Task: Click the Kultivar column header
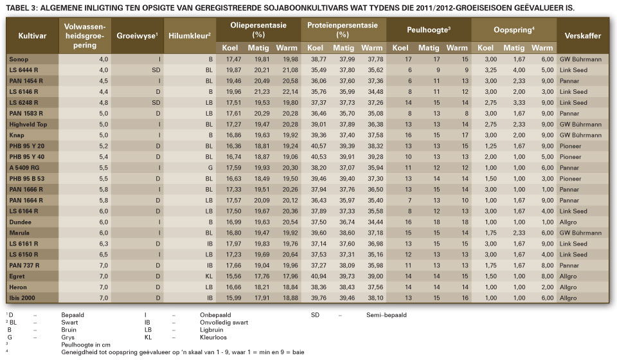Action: (x=32, y=36)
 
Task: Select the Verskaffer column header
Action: (x=582, y=36)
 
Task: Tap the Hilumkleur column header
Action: (x=190, y=36)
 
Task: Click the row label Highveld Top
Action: (x=28, y=124)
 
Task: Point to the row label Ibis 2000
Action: (x=22, y=298)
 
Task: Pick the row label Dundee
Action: (x=20, y=222)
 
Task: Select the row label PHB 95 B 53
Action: (x=27, y=179)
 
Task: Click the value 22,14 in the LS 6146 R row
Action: (x=290, y=92)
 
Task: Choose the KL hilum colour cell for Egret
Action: (x=209, y=276)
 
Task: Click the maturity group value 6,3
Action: (x=103, y=244)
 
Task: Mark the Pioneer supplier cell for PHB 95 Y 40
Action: (x=570, y=157)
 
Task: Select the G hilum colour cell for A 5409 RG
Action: (x=211, y=168)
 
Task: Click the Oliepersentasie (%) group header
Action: (x=258, y=30)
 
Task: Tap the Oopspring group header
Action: (x=514, y=30)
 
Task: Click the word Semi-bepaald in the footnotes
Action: (x=386, y=315)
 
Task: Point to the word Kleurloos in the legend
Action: (x=213, y=337)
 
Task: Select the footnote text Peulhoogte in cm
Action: (x=85, y=345)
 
